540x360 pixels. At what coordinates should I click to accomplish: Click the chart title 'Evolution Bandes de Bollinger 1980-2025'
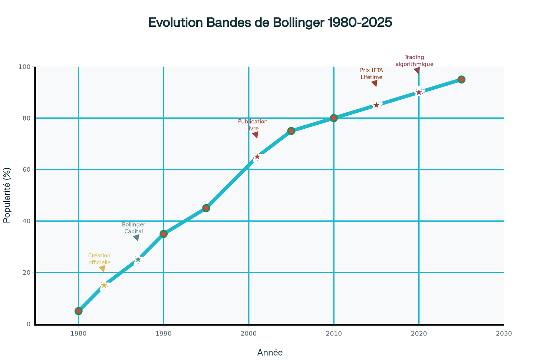270,23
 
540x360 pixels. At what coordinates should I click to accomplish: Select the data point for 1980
78,311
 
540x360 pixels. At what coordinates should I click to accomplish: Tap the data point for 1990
164,234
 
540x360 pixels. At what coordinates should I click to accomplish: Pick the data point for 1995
206,208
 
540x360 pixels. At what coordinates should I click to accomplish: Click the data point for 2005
291,131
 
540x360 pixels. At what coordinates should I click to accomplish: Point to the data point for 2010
334,118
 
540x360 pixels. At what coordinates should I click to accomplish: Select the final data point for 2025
461,79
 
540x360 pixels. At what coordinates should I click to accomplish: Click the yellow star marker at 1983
104,285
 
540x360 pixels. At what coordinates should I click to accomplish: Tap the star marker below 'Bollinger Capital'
138,260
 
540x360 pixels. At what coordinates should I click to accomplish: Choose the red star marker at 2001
257,157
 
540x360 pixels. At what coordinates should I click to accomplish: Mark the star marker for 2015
376,105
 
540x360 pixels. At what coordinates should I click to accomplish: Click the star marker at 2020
419,92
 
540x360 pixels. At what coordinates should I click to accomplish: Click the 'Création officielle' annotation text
99,259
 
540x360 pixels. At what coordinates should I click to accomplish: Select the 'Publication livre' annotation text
253,125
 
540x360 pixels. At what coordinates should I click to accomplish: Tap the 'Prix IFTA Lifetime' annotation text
372,73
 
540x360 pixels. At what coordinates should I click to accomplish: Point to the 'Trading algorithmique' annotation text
414,60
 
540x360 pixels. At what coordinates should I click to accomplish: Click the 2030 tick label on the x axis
504,333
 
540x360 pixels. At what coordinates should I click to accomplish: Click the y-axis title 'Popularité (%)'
7,195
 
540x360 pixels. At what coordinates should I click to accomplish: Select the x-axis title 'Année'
270,353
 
